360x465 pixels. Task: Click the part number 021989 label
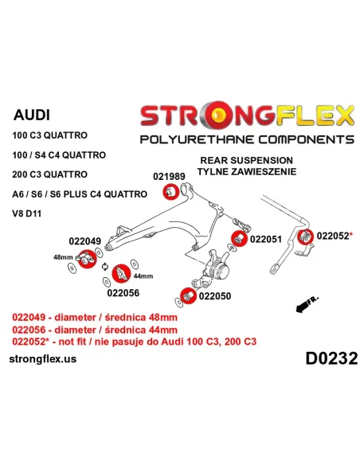coord(169,177)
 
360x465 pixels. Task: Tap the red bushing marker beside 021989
coord(170,192)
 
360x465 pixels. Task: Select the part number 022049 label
coord(84,241)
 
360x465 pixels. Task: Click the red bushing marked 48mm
coord(88,259)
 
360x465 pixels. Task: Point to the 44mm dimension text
coord(143,276)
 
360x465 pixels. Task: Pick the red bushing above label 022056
coord(121,273)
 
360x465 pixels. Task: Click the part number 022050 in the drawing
coord(215,296)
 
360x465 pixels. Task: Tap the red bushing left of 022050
coord(188,295)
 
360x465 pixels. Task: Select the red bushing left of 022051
coord(239,238)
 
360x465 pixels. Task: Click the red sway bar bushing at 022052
coord(305,236)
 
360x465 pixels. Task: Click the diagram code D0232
coord(331,358)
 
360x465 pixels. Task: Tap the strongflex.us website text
coord(43,359)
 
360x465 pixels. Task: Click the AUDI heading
coord(32,115)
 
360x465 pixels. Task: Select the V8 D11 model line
coord(27,213)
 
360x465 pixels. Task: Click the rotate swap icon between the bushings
coord(105,267)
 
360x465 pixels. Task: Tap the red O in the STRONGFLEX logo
coord(220,115)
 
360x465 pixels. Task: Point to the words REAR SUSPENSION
coord(246,160)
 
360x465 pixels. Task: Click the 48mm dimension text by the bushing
coord(63,257)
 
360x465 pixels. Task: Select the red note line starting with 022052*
coord(134,342)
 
